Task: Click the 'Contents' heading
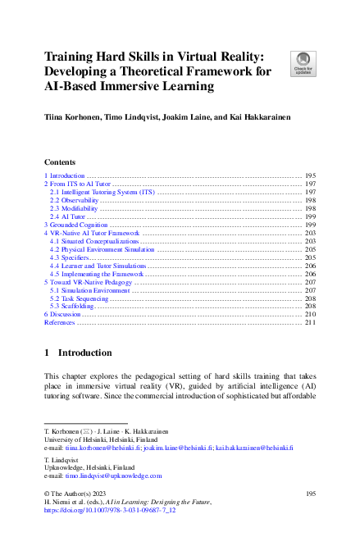tap(60, 162)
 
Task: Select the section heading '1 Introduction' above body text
tap(78, 353)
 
